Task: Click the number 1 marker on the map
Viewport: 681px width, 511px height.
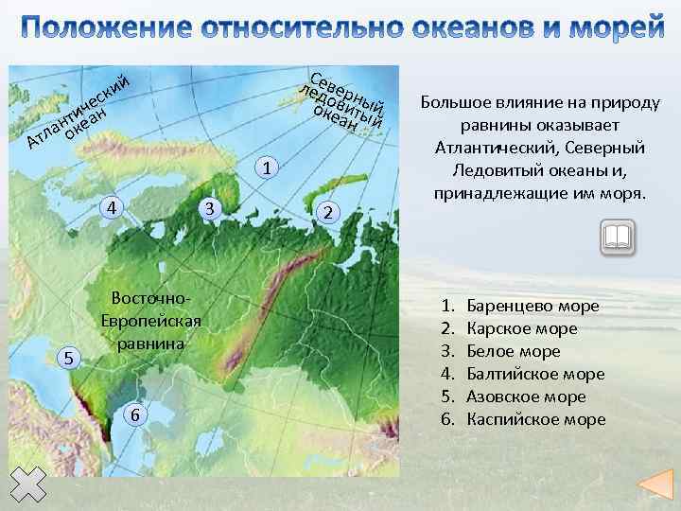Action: [x=270, y=168]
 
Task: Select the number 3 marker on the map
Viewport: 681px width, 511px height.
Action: [x=210, y=208]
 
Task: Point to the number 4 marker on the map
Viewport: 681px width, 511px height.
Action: [x=112, y=207]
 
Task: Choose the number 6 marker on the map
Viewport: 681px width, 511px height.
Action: [x=136, y=415]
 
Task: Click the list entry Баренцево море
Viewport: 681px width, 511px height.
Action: [x=533, y=307]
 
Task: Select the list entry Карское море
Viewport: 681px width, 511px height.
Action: [x=522, y=329]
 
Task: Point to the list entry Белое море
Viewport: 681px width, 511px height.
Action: [x=514, y=352]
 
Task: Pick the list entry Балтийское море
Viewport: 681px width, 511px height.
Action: [x=535, y=375]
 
